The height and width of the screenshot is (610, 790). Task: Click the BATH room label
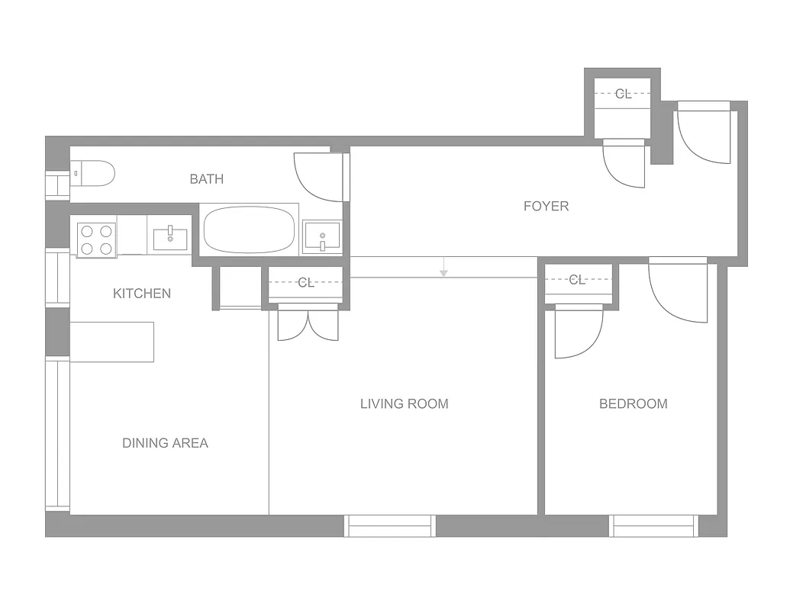207,179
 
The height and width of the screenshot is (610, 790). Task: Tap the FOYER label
546,206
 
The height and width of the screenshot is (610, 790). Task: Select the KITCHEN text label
142,294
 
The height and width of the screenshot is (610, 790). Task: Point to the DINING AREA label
165,443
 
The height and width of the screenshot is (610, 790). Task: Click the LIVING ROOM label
404,404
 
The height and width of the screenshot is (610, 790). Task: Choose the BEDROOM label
633,404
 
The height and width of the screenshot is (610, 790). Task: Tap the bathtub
249,231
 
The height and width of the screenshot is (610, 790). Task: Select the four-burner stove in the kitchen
96,239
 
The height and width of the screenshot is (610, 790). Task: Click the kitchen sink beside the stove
170,239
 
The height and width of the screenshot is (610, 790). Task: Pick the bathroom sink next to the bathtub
322,236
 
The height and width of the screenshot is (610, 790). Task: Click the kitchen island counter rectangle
112,342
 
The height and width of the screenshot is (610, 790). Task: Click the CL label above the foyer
624,94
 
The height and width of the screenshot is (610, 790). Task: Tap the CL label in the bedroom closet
578,280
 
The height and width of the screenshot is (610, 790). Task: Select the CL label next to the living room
306,283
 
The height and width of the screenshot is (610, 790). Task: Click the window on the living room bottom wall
390,526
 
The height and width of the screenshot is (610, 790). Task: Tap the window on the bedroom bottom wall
655,526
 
